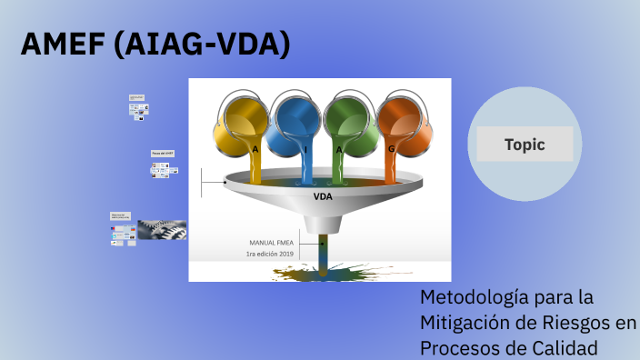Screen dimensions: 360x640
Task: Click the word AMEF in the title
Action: tap(61, 44)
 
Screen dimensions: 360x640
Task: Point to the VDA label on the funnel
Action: tap(323, 195)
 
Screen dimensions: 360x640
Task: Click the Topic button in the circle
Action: tap(525, 144)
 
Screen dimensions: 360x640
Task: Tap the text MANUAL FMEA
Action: tap(274, 243)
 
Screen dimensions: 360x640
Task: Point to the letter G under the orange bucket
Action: tap(392, 149)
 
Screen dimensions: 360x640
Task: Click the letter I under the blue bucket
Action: tap(305, 149)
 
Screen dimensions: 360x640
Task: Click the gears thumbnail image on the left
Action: tap(163, 229)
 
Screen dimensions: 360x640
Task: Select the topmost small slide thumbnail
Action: tap(138, 97)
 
